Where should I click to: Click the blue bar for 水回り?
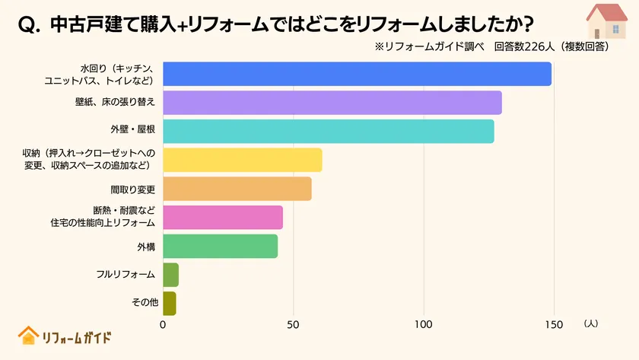(357, 74)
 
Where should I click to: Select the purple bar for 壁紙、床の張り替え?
(332, 103)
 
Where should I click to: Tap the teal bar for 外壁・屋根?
(328, 131)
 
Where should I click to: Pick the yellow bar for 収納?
(242, 160)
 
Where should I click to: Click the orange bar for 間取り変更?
(237, 189)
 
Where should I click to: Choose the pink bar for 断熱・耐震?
(222, 217)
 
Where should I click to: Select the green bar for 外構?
(220, 246)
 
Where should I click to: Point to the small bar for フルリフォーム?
(170, 275)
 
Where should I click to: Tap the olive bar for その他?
(169, 303)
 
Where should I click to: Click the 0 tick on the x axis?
(163, 324)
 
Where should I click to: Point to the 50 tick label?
(293, 324)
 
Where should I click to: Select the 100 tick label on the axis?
(423, 324)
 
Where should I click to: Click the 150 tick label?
(553, 324)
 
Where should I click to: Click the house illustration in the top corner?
(607, 21)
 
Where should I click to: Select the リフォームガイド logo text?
(76, 337)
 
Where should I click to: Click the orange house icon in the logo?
(28, 336)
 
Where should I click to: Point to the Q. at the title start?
(29, 24)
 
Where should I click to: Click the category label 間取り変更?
(133, 189)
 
